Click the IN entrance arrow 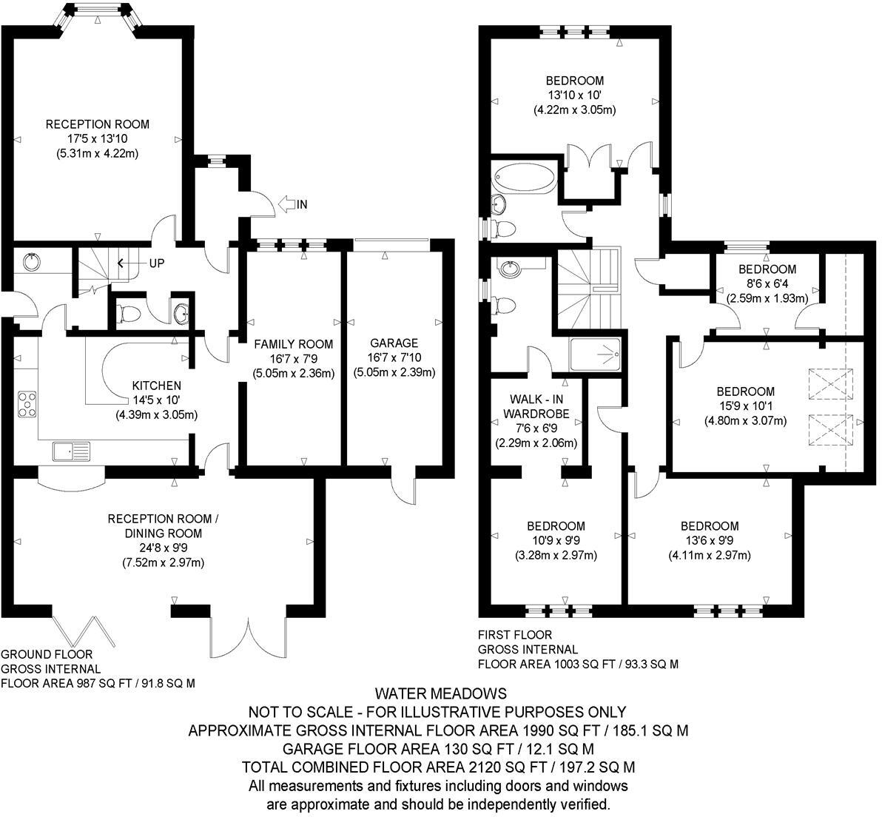287,204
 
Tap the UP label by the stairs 157,263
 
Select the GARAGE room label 394,343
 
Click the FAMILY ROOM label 294,344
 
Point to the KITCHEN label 156,386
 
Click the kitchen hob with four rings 28,404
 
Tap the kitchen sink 71,450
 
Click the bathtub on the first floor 523,178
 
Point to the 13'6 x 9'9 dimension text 710,541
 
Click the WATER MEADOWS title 440,693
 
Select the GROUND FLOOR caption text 47,654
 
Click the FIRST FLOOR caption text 515,635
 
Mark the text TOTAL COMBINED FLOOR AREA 355,767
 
